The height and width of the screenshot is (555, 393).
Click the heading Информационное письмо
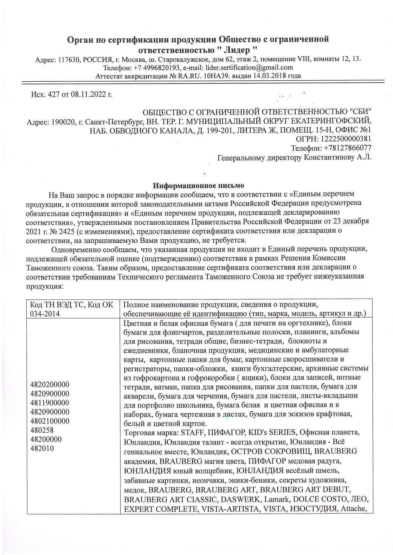[199, 185]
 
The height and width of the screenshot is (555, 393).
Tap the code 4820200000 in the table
[49, 385]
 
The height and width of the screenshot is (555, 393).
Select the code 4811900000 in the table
[49, 403]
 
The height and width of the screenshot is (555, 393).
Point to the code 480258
[42, 430]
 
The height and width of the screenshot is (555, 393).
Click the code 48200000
[46, 440]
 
